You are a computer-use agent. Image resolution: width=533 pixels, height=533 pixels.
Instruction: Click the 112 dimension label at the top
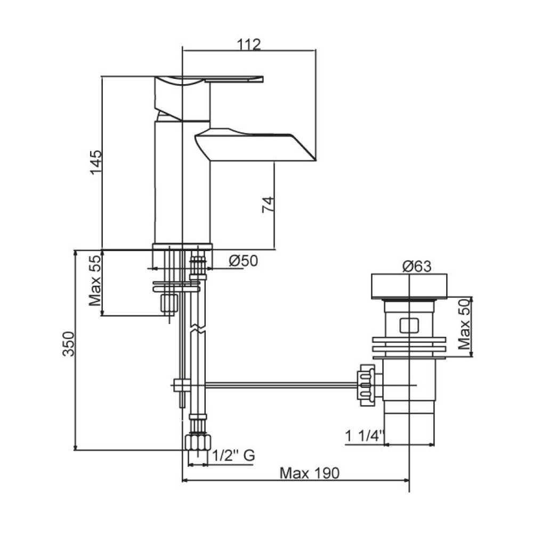249,44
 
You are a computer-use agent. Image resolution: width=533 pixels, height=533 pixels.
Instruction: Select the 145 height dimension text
96,162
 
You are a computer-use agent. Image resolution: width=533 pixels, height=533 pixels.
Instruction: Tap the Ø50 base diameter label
244,261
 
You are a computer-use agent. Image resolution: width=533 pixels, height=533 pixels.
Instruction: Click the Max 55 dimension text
95,280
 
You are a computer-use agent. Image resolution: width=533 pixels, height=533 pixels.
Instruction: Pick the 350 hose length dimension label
68,344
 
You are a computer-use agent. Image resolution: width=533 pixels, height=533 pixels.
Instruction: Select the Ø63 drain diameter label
417,266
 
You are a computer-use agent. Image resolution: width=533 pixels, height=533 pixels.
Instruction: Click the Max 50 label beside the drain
464,324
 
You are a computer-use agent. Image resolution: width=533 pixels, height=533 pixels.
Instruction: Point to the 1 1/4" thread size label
365,436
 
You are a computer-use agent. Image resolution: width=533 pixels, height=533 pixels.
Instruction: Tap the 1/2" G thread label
233,455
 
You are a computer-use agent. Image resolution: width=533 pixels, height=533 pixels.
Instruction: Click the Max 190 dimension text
309,473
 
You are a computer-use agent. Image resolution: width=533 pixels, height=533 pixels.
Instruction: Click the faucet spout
255,145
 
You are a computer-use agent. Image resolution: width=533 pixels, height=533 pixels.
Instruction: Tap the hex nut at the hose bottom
198,442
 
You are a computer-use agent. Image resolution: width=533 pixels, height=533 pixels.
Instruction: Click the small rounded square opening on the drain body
409,325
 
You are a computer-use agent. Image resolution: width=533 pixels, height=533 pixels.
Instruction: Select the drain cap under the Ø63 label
409,286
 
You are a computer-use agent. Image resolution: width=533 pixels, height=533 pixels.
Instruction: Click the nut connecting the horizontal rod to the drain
366,385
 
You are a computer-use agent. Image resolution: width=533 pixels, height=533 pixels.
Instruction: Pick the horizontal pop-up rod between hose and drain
281,385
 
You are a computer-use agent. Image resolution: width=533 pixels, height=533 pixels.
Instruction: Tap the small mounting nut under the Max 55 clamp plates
169,303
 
